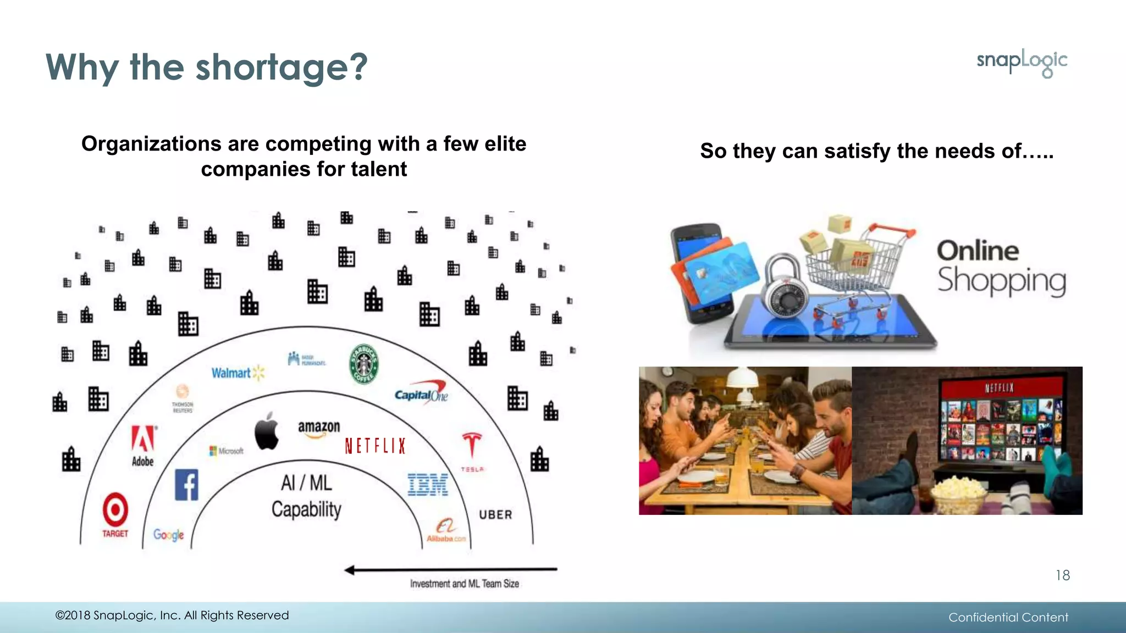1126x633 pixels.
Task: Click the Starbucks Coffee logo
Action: pyautogui.click(x=364, y=364)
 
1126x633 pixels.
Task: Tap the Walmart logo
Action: pyautogui.click(x=238, y=373)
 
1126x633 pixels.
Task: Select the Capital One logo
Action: pyautogui.click(x=421, y=393)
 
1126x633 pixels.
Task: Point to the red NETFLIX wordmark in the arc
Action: pyautogui.click(x=375, y=446)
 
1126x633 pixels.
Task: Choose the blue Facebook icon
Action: pyautogui.click(x=186, y=485)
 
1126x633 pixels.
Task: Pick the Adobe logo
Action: pyautogui.click(x=143, y=446)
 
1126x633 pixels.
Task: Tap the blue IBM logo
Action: pyautogui.click(x=428, y=485)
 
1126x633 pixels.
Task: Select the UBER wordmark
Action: pyautogui.click(x=495, y=515)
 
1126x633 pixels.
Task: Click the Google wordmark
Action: pyautogui.click(x=168, y=535)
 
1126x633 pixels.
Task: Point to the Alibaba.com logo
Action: pyautogui.click(x=446, y=531)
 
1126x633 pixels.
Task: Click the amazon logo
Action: pyautogui.click(x=319, y=428)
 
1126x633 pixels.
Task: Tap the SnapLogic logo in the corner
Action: pyautogui.click(x=1022, y=62)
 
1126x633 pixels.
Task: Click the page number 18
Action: pyautogui.click(x=1062, y=575)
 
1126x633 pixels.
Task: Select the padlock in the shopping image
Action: pyautogui.click(x=785, y=288)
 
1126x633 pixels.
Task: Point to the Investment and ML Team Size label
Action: pyautogui.click(x=464, y=584)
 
